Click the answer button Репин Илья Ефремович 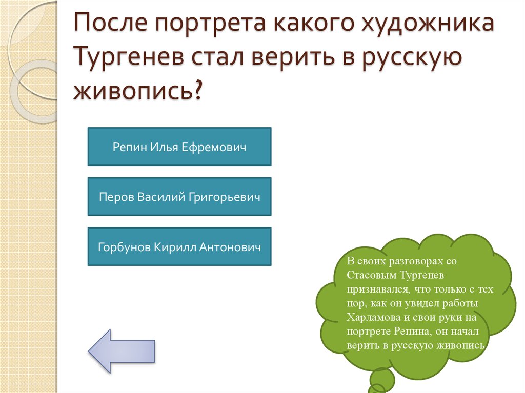(179, 147)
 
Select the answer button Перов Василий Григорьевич (179, 197)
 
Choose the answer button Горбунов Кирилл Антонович (179, 247)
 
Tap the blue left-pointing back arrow (122, 350)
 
